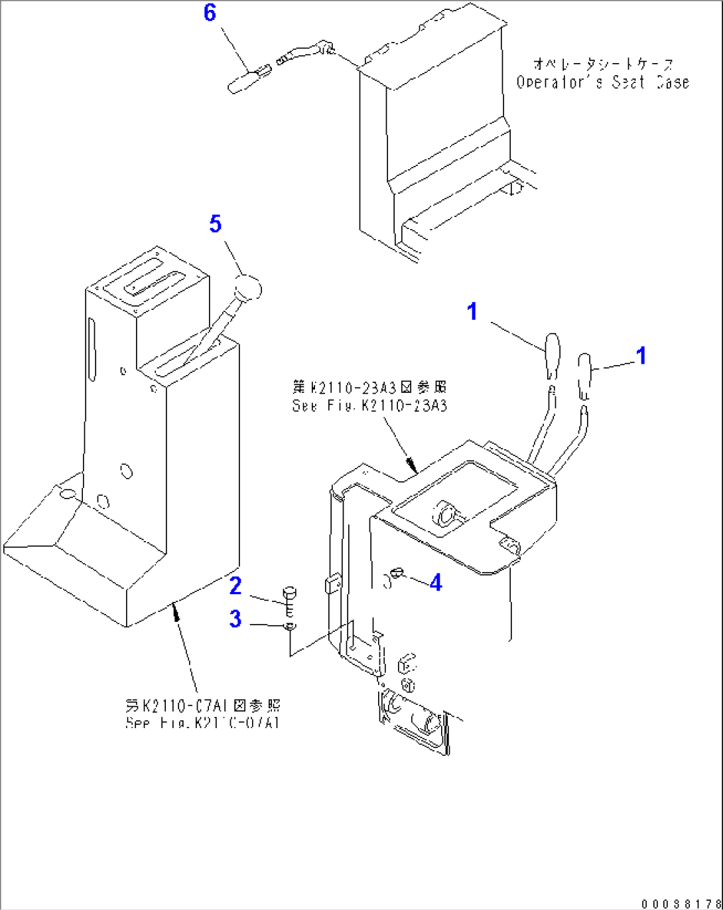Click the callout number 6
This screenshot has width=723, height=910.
pos(210,12)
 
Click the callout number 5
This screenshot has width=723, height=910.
pos(215,224)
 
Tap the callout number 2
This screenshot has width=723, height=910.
pos(235,586)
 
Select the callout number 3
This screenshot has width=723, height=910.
pos(235,619)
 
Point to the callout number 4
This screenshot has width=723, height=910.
pos(436,583)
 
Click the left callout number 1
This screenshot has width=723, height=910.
pos(472,311)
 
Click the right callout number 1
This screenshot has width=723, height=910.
pos(641,356)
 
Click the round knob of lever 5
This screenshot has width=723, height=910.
pos(249,289)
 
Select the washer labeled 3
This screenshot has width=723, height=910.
pos(290,627)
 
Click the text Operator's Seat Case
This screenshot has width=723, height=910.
pos(602,82)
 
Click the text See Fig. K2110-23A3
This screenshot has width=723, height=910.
pos(369,406)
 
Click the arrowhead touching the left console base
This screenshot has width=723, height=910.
pos(176,609)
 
